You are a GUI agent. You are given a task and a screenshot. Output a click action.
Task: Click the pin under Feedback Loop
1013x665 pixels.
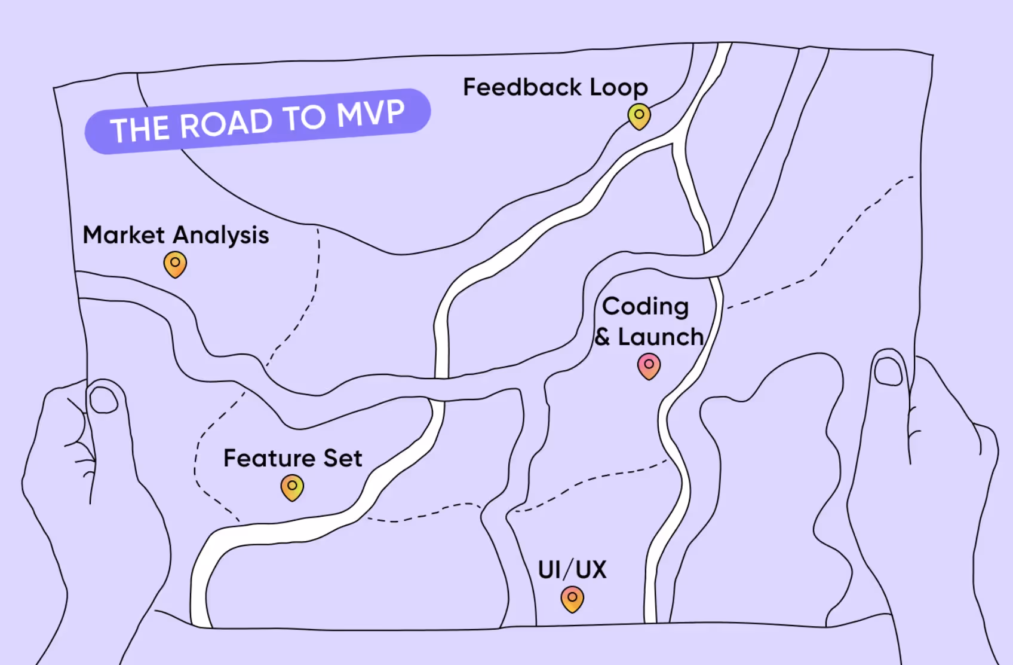point(639,116)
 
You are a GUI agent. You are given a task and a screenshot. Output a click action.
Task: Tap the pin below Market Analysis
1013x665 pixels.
point(175,264)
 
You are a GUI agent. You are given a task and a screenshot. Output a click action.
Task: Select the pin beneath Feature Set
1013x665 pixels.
point(292,487)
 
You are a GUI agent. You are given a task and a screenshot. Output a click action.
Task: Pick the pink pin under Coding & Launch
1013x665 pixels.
point(649,365)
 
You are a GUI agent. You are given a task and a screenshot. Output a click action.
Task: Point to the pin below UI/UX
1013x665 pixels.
point(572,599)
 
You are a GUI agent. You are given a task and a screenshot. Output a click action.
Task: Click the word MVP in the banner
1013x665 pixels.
point(370,114)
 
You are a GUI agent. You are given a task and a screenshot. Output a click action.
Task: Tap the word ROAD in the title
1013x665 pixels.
point(226,124)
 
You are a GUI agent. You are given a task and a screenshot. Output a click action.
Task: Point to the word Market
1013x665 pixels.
point(124,235)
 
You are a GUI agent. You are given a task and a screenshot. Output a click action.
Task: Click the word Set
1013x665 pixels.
point(343,459)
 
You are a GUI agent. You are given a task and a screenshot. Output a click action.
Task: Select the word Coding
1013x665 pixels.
point(645,307)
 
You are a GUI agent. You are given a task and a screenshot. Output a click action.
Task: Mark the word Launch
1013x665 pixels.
point(661,337)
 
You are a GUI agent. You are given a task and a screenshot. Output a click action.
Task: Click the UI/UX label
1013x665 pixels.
point(572,569)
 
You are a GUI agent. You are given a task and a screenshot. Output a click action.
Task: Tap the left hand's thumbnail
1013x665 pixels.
point(104,399)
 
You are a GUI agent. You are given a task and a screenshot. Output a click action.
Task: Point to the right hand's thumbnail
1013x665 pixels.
point(888,371)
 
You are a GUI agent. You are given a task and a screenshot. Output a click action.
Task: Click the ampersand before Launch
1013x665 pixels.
point(602,337)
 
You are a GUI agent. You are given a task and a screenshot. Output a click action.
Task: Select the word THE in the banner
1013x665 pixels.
point(140,129)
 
